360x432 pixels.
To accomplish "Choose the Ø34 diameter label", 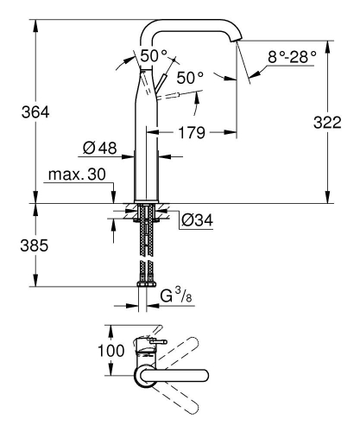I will (198, 219).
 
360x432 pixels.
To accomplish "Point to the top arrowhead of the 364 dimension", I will (36, 20).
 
